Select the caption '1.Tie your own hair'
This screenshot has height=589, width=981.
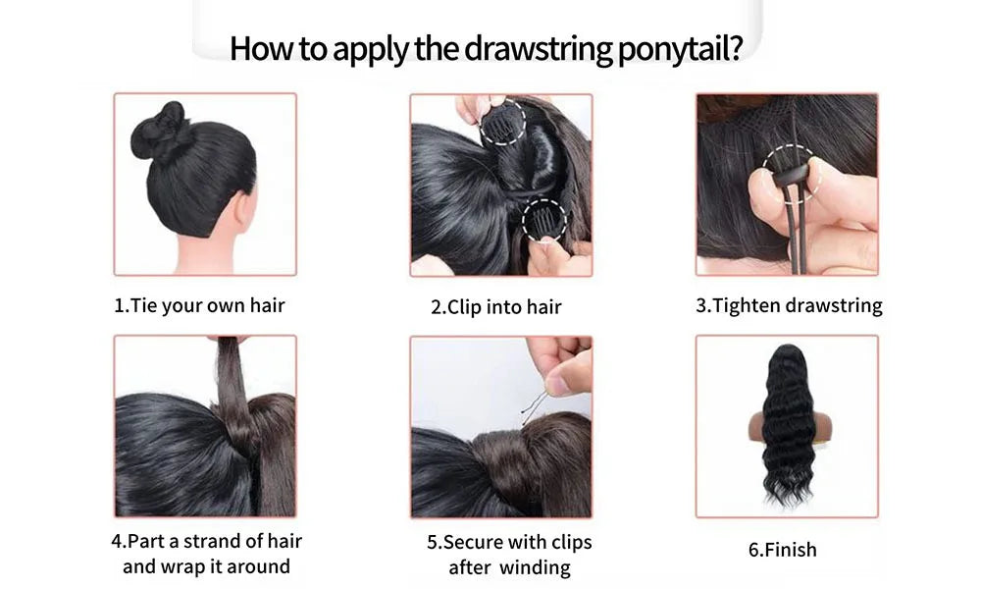199,305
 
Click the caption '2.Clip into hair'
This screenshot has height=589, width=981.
496,306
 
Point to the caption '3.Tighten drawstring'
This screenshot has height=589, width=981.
789,305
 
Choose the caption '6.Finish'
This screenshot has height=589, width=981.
782,550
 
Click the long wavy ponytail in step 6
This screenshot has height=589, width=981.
787,422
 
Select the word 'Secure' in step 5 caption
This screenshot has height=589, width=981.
480,542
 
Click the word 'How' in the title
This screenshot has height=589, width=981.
258,48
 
